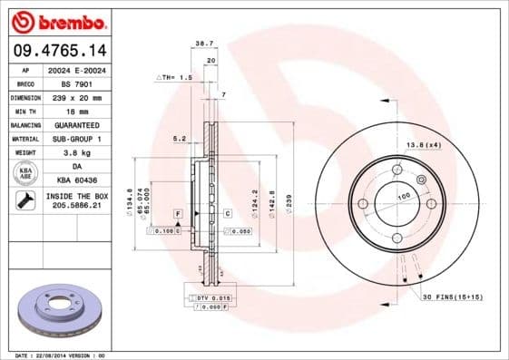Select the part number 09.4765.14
click(59, 50)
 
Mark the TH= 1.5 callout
click(172, 79)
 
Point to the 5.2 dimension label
click(179, 139)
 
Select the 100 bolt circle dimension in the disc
click(403, 195)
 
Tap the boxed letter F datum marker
click(178, 212)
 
